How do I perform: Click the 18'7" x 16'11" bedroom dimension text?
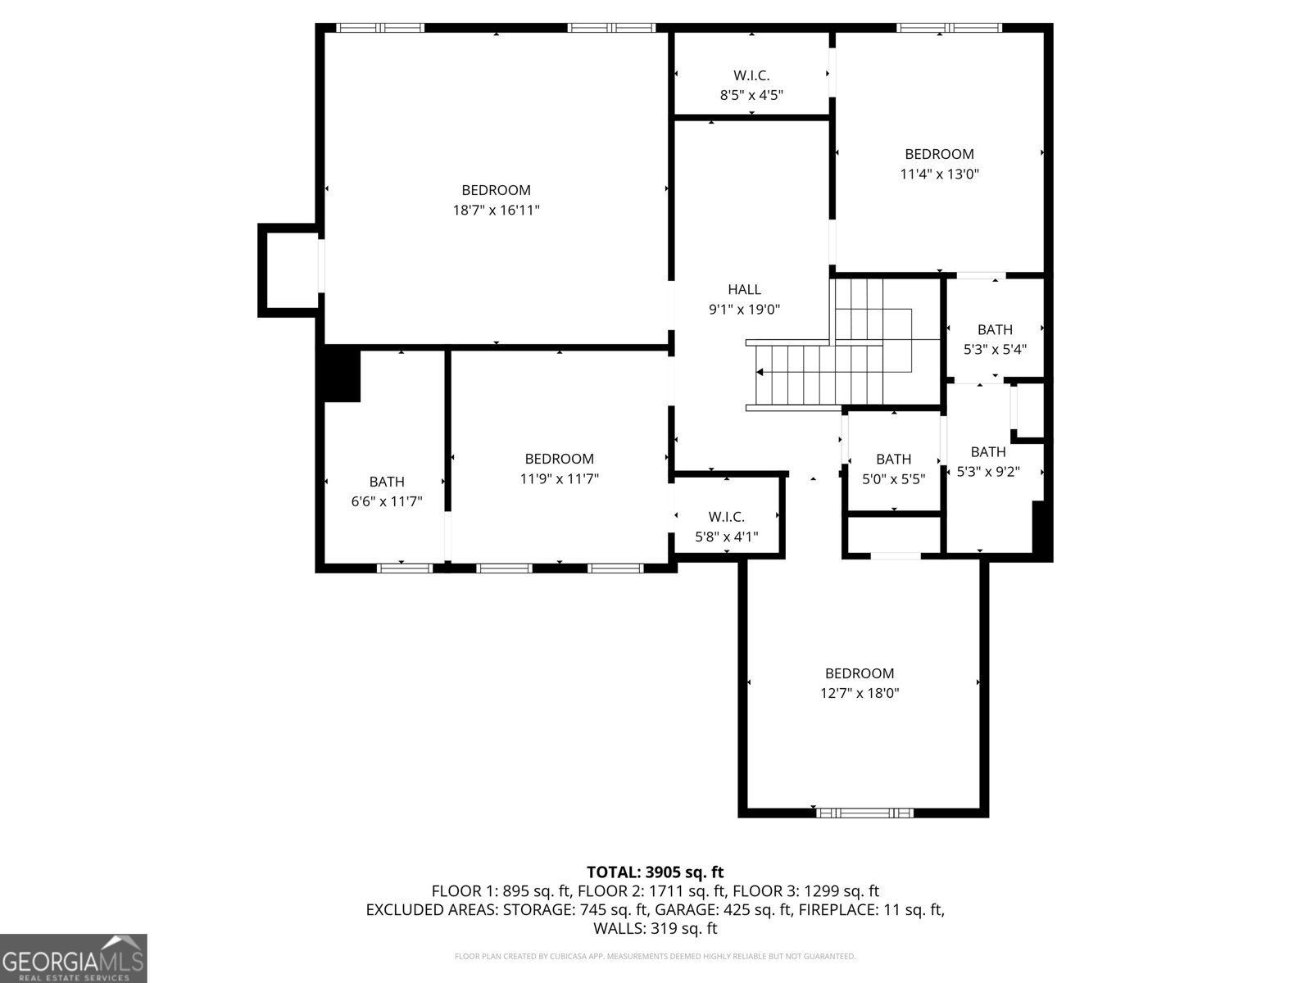pyautogui.click(x=496, y=211)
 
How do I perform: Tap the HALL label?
pyautogui.click(x=744, y=289)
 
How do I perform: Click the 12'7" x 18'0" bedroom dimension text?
pyautogui.click(x=860, y=693)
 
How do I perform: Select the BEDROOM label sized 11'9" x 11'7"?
pyautogui.click(x=560, y=459)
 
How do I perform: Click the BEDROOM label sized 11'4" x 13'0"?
pyautogui.click(x=939, y=154)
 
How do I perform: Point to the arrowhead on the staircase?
pyautogui.click(x=760, y=372)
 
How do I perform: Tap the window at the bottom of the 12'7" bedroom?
pyautogui.click(x=864, y=813)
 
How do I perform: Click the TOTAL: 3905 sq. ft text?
pyautogui.click(x=655, y=872)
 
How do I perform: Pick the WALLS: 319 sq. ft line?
pyautogui.click(x=655, y=929)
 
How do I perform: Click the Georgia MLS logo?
pyautogui.click(x=73, y=959)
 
